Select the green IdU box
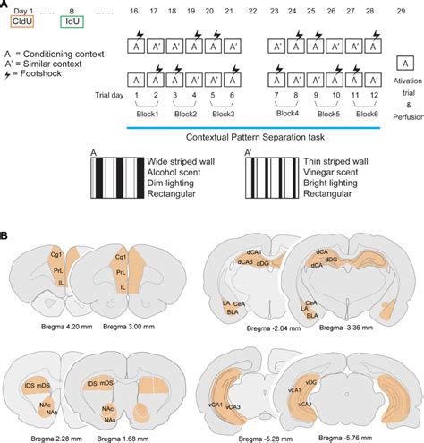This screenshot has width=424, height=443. pyautogui.click(x=72, y=24)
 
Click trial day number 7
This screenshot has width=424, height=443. pyautogui.click(x=270, y=95)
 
